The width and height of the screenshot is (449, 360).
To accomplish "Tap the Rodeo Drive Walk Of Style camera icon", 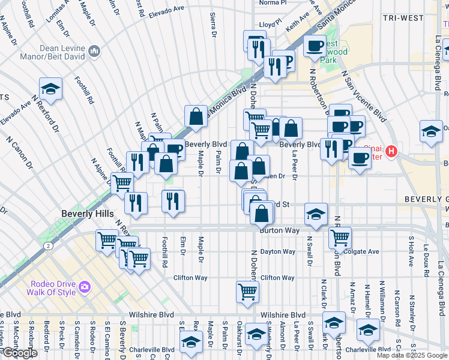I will [x=84, y=287].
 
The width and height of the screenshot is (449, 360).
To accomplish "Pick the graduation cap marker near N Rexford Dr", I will [x=51, y=88].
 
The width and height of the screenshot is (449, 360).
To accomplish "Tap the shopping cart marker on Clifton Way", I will [x=247, y=291].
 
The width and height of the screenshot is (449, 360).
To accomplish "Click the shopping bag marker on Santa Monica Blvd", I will [x=196, y=116].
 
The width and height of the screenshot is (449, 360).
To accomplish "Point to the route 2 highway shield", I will [x=47, y=245].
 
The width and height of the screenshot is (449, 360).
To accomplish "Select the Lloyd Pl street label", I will [x=270, y=25].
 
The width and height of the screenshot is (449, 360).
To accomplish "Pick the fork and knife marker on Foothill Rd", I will [x=173, y=200].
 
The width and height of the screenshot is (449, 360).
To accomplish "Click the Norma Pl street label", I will [x=274, y=3].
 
